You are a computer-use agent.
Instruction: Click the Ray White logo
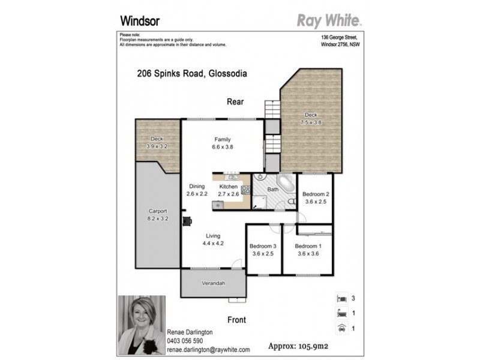pos(329,21)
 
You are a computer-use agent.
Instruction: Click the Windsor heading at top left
pos(139,20)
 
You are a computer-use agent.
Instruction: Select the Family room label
pos(223,140)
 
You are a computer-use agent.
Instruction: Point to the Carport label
pos(157,211)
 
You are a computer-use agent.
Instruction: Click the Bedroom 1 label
pos(308,247)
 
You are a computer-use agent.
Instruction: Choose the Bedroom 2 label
pos(315,194)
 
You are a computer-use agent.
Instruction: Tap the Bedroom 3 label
pos(262,247)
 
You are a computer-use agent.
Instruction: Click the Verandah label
pos(213,283)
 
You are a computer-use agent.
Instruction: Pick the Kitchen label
pos(228,187)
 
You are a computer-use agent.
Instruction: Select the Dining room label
pos(197,187)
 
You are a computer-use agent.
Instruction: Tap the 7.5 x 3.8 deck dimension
pos(311,122)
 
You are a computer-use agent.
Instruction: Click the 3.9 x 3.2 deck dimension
pos(157,146)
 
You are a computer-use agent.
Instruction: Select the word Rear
pos(235,102)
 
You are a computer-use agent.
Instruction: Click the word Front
pos(236,320)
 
